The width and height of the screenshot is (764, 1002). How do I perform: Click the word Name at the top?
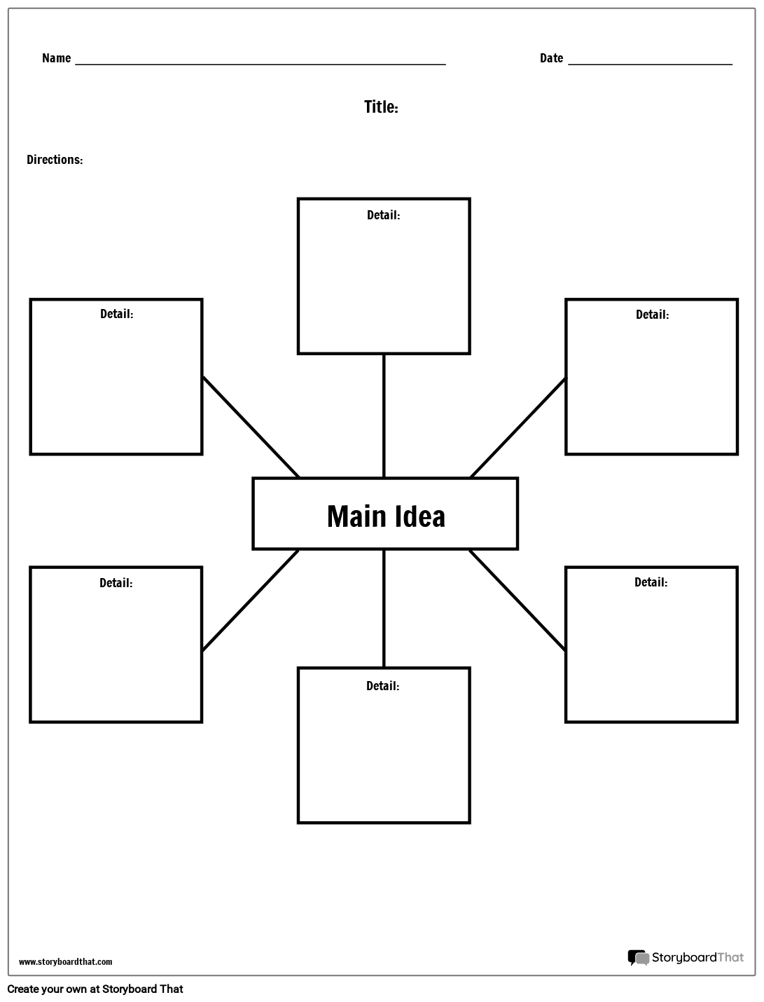pyautogui.click(x=57, y=58)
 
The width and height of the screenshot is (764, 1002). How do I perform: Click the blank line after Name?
pyautogui.click(x=261, y=64)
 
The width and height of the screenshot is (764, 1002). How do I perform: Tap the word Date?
pyautogui.click(x=551, y=58)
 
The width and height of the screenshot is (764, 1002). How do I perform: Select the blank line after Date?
pyautogui.click(x=650, y=64)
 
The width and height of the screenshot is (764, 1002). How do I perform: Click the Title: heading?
pyautogui.click(x=382, y=107)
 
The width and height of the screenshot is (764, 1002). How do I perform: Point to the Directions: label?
pyautogui.click(x=55, y=159)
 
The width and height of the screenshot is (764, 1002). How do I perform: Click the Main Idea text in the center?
pyautogui.click(x=386, y=516)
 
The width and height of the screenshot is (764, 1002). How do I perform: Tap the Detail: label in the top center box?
pyautogui.click(x=384, y=215)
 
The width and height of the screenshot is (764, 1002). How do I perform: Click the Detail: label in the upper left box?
pyautogui.click(x=117, y=314)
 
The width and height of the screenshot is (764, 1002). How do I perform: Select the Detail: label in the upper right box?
pyautogui.click(x=652, y=315)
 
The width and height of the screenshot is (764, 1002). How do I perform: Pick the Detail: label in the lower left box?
pyautogui.click(x=116, y=583)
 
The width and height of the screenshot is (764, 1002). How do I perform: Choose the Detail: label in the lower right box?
pyautogui.click(x=651, y=582)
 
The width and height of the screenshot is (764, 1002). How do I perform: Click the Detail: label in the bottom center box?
pyautogui.click(x=382, y=686)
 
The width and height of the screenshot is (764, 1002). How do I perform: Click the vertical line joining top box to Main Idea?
pyautogui.click(x=384, y=416)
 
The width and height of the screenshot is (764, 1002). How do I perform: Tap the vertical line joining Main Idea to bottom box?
pyautogui.click(x=384, y=608)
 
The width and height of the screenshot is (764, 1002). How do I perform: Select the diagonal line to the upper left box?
pyautogui.click(x=251, y=427)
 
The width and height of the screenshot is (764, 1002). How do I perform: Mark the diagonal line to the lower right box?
pyautogui.click(x=518, y=600)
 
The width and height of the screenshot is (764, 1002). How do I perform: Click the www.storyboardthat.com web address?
pyautogui.click(x=66, y=961)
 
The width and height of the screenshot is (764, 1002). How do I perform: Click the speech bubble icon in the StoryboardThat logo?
pyautogui.click(x=638, y=958)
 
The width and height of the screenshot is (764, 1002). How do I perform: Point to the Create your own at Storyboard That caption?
pyautogui.click(x=95, y=989)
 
